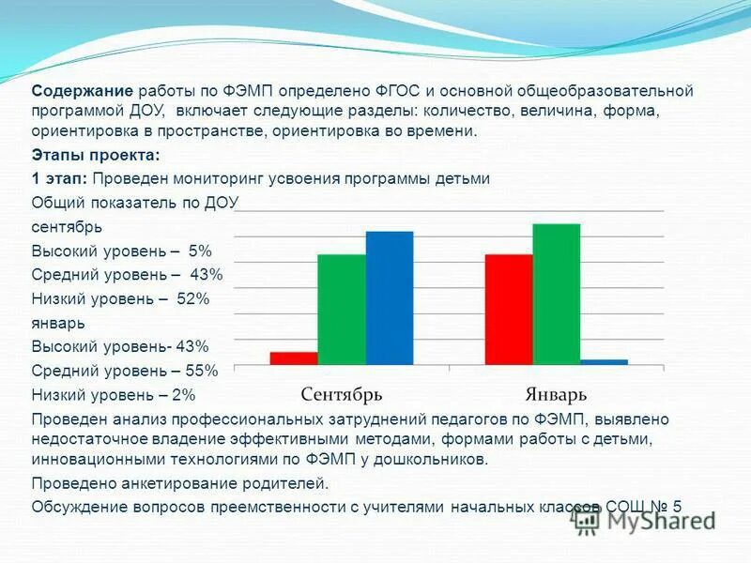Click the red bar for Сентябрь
(x=294, y=358)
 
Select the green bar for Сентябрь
(x=342, y=309)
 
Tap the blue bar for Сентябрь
(x=390, y=297)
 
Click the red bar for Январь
(x=509, y=309)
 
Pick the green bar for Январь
(x=557, y=294)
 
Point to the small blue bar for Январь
(x=604, y=361)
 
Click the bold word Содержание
(x=84, y=91)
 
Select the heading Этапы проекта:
(x=96, y=155)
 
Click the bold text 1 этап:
(x=61, y=178)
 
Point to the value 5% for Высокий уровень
(x=200, y=251)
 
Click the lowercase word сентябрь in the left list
(x=67, y=227)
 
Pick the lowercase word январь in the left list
(x=58, y=322)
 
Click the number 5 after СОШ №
(x=677, y=507)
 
